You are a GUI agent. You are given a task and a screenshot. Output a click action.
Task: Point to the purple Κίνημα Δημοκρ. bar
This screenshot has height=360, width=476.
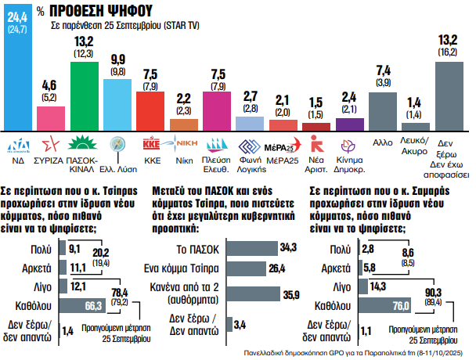[349, 124]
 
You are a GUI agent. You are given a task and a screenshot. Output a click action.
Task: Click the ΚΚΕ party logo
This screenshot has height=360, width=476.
[151, 143]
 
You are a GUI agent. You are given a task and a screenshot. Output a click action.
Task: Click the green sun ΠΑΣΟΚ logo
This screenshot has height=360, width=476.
[84, 143]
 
